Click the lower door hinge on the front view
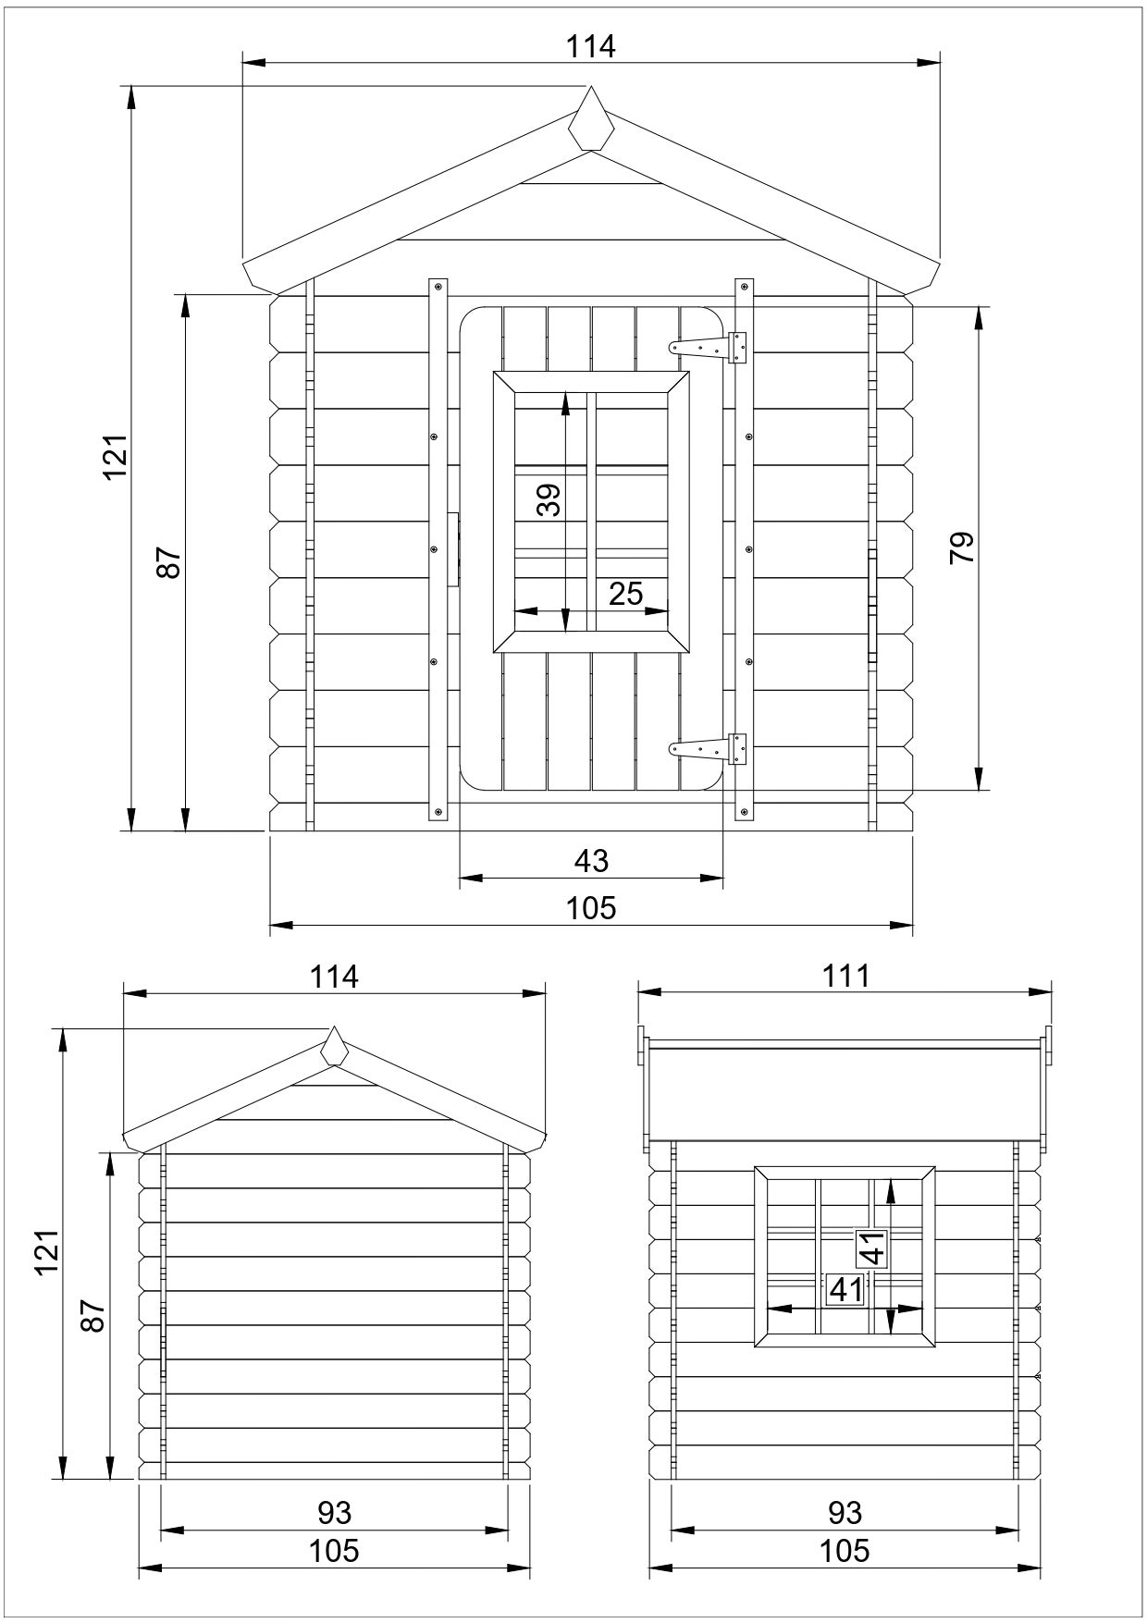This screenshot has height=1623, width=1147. (x=709, y=748)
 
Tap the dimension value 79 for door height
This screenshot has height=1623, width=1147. (x=961, y=547)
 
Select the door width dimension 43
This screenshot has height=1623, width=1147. (x=591, y=861)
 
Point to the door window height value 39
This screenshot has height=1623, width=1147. (x=549, y=500)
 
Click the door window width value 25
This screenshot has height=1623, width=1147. (x=625, y=594)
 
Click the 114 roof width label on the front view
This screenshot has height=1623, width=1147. (x=591, y=46)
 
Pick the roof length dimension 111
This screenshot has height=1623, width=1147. (x=845, y=976)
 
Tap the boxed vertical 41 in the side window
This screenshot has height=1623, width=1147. (x=872, y=1248)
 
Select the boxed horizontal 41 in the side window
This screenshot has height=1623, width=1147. (x=845, y=1289)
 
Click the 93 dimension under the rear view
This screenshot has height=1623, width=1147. (x=334, y=1512)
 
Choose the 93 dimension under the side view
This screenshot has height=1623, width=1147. (x=845, y=1512)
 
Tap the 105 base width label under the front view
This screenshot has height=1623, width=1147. (x=591, y=908)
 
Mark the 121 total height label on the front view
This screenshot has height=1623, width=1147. (x=115, y=457)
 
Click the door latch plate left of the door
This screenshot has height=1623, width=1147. (x=453, y=549)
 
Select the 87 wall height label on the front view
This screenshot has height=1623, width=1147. (x=169, y=561)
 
